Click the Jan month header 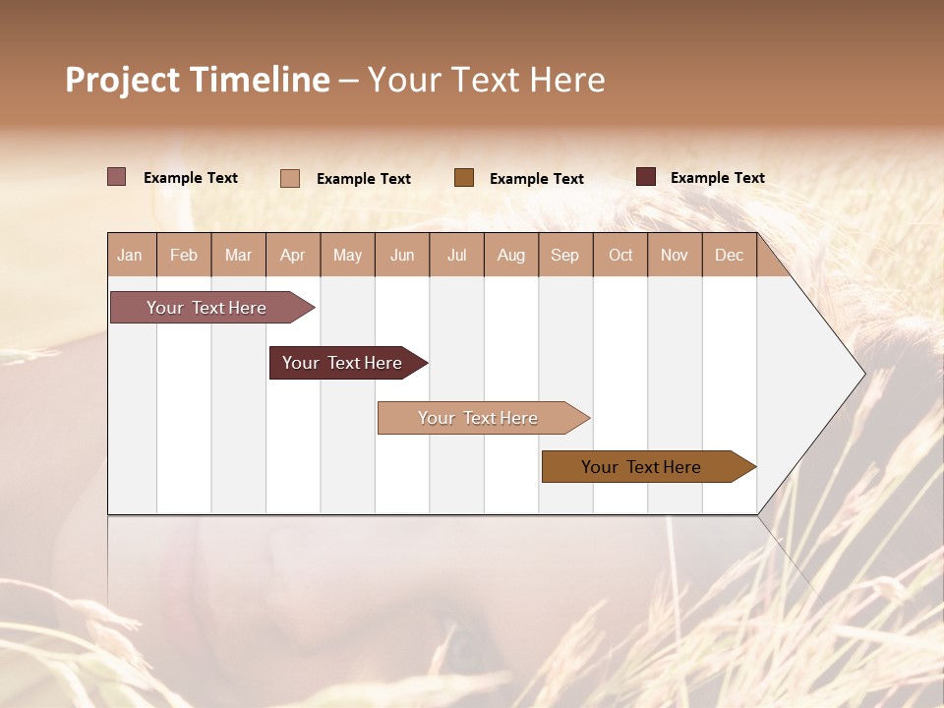coord(130,256)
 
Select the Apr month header coord(292,256)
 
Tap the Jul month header coord(456,256)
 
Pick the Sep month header coord(564,256)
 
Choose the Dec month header coord(729,256)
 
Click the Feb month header coord(184,256)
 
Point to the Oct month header coord(620,256)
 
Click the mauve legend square coord(117,177)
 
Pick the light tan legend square coord(290,178)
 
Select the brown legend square coord(464,177)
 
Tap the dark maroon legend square coord(646,177)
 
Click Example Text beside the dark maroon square coord(717,178)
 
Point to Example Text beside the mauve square coord(190,178)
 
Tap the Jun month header coord(402,256)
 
